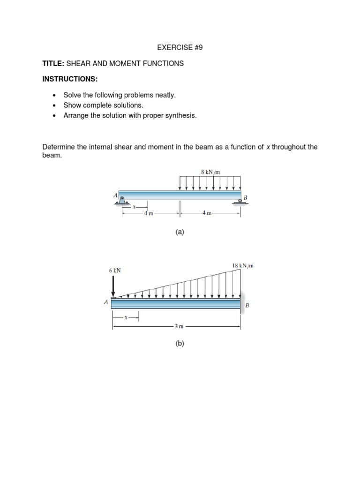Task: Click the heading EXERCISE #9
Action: pos(180,47)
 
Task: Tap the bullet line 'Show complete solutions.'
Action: pos(103,105)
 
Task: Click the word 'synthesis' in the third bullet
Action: pos(181,115)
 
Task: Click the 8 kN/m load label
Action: pos(210,172)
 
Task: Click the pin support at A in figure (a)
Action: pos(122,201)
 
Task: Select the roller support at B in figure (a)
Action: pos(240,201)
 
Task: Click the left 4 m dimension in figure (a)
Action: pos(149,213)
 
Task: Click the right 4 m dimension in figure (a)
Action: pos(207,213)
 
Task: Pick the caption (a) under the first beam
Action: pos(180,232)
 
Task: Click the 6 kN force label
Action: pos(115,270)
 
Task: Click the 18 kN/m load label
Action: pos(243,266)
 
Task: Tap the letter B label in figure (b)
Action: pos(247,305)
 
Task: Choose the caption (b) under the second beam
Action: pos(180,344)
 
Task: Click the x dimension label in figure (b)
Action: pos(125,317)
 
